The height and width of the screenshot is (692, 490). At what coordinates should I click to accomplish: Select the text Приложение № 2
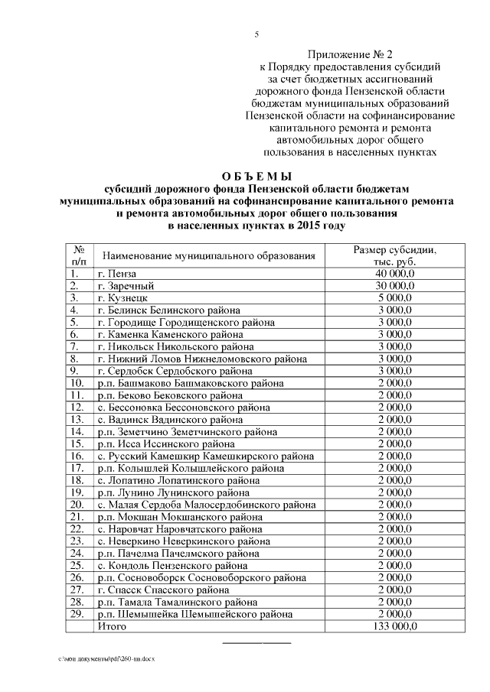[349, 54]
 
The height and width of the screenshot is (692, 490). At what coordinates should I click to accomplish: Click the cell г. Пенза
[117, 273]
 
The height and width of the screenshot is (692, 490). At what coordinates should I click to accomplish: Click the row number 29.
[76, 614]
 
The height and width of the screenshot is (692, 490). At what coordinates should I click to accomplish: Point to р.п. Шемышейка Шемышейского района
[194, 614]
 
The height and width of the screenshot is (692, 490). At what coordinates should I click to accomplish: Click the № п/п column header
[78, 256]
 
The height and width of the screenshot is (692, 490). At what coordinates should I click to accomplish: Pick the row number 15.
[76, 443]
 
